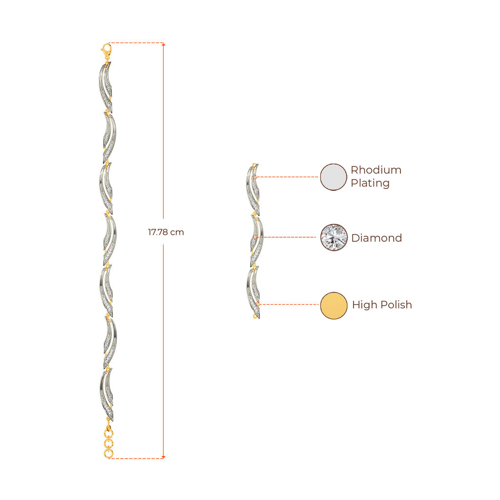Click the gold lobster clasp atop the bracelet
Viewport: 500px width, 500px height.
pos(106,49)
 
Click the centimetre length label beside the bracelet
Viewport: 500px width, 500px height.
pos(166,232)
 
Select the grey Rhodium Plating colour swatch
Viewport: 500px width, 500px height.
pos(333,177)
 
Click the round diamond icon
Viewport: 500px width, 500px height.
pos(333,238)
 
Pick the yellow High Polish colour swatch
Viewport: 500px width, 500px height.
pos(333,305)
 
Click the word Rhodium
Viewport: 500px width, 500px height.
pos(376,170)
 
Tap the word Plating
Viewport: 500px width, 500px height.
pos(370,184)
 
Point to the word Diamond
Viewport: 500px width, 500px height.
pos(376,238)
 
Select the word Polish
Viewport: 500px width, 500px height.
pos(396,305)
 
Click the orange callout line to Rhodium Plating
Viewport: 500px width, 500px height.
pos(288,177)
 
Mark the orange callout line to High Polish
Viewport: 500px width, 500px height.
pos(291,305)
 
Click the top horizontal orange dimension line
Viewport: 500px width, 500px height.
pos(137,43)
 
